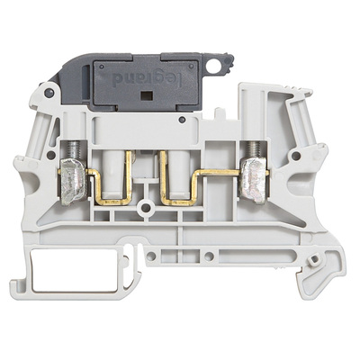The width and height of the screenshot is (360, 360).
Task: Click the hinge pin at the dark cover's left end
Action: tap(48, 91)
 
